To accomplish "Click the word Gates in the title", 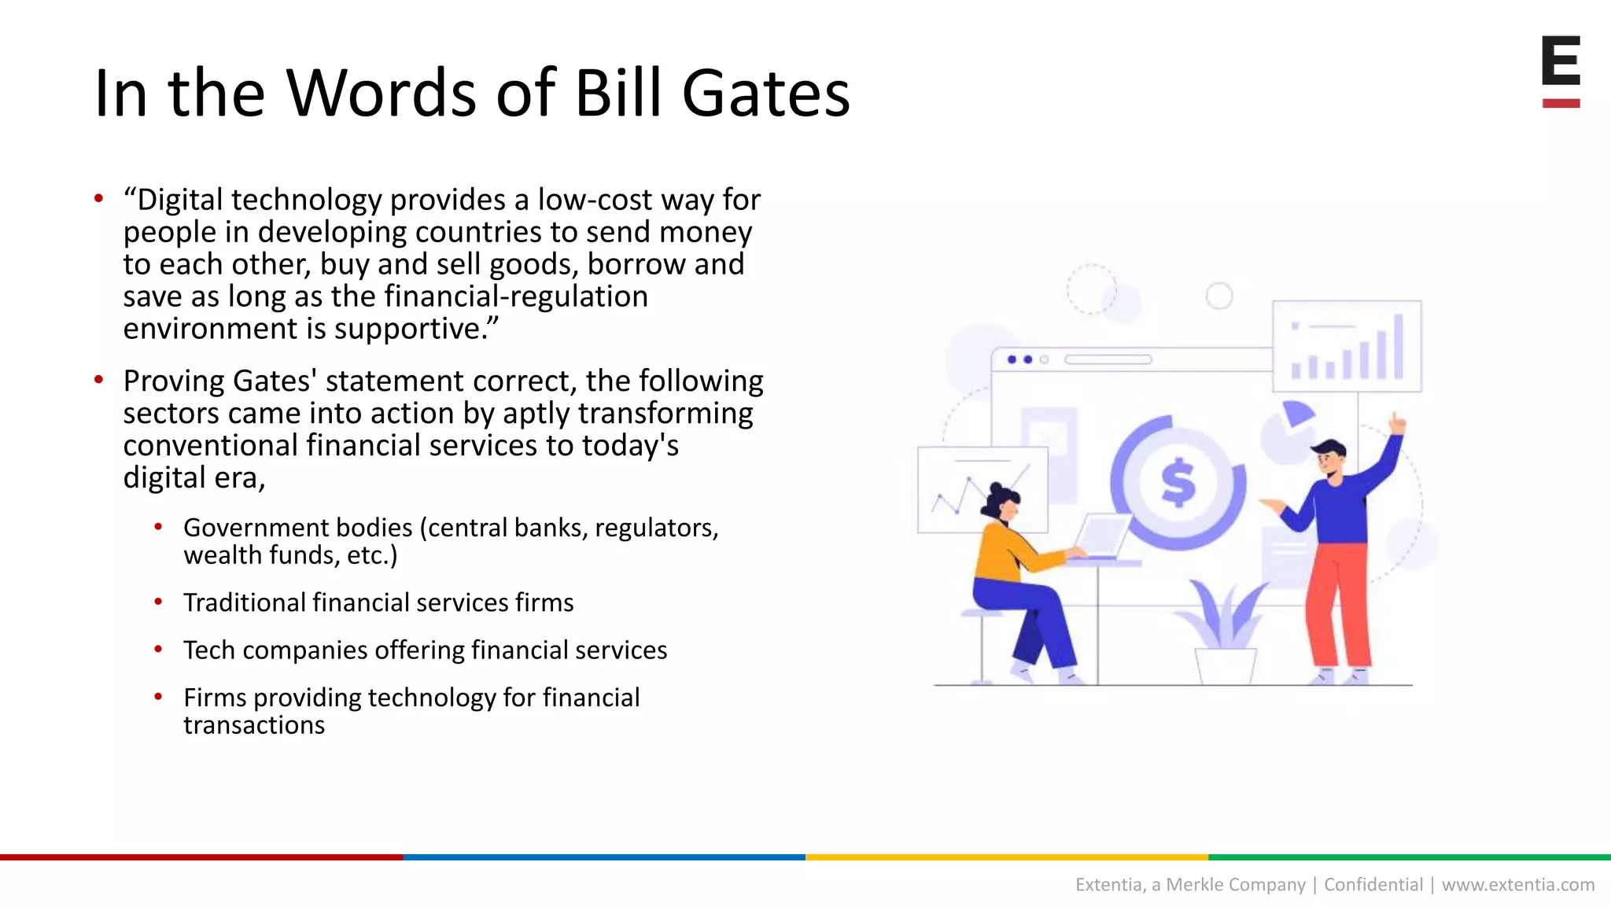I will point(765,94).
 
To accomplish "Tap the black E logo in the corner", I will point(1561,61).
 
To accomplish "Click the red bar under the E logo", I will point(1561,103).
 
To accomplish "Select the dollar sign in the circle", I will point(1178,482).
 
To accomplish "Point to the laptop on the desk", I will point(1103,536).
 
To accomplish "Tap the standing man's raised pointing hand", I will point(1397,424).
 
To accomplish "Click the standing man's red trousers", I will point(1337,606).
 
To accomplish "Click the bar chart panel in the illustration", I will point(1347,346).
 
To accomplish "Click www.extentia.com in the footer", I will point(1517,885).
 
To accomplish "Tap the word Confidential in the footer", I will point(1373,885).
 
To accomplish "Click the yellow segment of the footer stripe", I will point(1007,856).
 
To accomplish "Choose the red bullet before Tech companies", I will point(158,650).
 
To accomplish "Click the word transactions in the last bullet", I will point(254,725).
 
